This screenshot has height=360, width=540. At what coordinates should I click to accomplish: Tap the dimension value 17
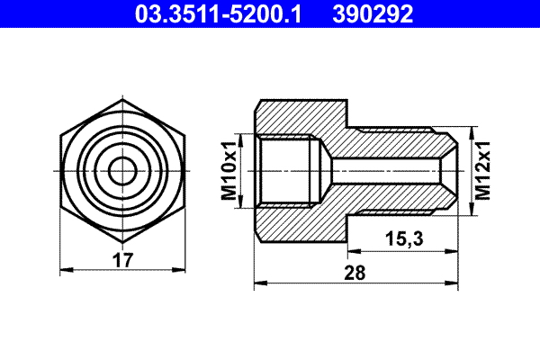tap(123, 261)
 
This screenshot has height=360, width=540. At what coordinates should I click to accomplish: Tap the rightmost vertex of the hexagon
tap(186, 169)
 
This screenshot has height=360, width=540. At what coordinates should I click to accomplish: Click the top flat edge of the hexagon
tap(122, 99)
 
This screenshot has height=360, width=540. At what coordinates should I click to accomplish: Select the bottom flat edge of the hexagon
tap(122, 240)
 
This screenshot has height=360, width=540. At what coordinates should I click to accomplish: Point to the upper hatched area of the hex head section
tap(297, 115)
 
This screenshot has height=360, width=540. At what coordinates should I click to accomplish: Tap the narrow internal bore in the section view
tap(387, 169)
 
